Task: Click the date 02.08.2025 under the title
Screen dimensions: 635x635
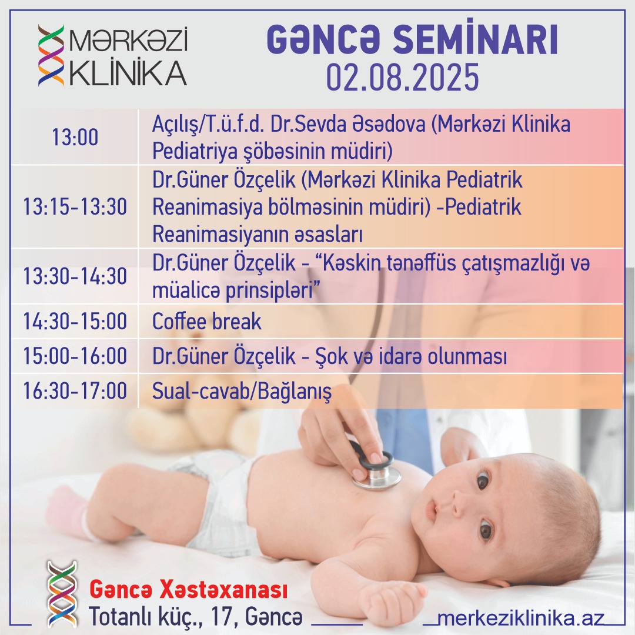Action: pos(403,77)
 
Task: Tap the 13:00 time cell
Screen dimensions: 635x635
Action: pos(75,137)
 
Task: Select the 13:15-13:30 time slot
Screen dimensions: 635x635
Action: pos(75,206)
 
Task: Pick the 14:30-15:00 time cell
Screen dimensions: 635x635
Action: pos(75,321)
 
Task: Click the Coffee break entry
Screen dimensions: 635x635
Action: pos(206,321)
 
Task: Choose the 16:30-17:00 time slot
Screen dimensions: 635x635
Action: pos(75,391)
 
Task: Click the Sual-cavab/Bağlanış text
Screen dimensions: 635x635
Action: pos(242,392)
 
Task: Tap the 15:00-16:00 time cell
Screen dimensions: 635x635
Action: pos(75,356)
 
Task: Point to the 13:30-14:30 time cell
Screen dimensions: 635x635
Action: pos(75,276)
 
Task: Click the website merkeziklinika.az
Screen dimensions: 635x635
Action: pos(521,619)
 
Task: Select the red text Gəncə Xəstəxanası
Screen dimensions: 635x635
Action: pos(188,590)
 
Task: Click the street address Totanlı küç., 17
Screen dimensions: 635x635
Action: pos(160,617)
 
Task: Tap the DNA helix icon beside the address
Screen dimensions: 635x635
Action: pos(62,594)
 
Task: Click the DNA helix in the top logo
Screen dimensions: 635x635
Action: pos(51,55)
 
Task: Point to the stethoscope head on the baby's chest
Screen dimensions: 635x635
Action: pos(375,470)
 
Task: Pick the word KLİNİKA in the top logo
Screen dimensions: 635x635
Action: pos(128,73)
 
